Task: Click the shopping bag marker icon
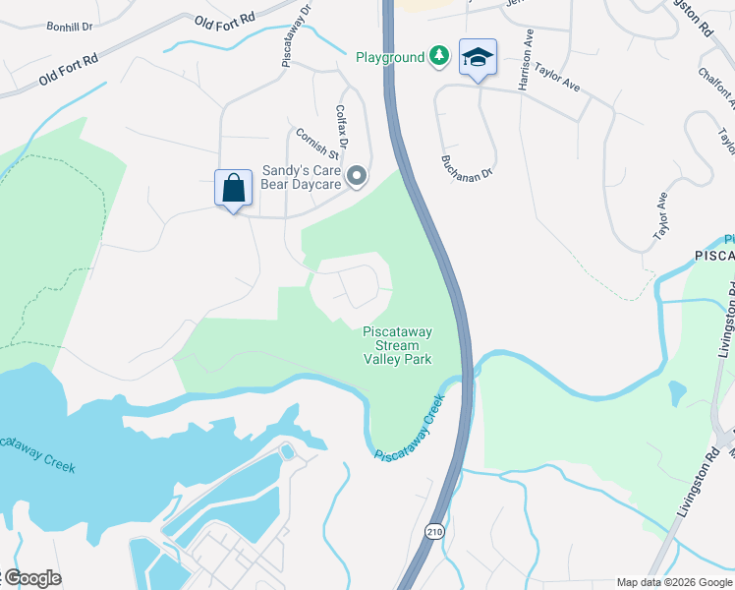coord(234,188)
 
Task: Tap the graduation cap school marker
coord(478,58)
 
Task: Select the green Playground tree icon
coord(439,57)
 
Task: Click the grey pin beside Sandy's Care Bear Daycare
coord(358,177)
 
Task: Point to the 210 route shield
coord(433,531)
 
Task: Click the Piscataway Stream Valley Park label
coord(397,345)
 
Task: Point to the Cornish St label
coord(316,144)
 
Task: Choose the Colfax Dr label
coord(342,124)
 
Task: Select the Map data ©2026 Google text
coord(673,582)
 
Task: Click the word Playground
coord(389,58)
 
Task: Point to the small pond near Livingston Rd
coord(676,392)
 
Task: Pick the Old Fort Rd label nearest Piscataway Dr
coord(223,21)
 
